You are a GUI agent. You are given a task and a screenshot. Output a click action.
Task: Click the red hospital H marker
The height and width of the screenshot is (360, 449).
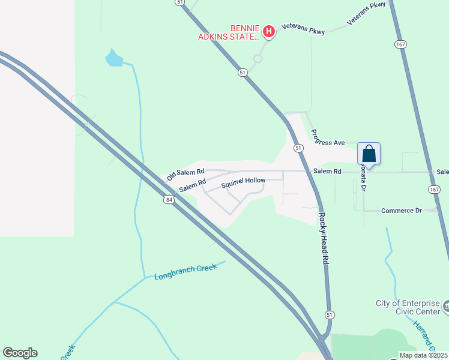(269, 31)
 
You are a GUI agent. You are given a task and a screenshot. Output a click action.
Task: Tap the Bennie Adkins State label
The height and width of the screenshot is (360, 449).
(230, 32)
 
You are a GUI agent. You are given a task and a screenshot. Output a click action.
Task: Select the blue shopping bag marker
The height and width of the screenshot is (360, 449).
(369, 154)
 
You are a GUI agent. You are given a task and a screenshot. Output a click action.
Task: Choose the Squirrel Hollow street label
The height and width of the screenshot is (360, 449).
(243, 183)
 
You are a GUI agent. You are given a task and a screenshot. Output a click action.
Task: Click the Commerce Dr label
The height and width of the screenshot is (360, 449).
(402, 211)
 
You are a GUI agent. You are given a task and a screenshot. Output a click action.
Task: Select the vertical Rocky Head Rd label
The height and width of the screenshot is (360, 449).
(324, 239)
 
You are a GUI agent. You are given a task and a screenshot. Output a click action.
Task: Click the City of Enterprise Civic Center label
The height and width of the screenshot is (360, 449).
(408, 307)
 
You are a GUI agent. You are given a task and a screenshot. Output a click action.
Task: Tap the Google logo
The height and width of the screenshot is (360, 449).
(20, 353)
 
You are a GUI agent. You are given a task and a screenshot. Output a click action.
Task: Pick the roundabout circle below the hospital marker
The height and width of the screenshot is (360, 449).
(258, 59)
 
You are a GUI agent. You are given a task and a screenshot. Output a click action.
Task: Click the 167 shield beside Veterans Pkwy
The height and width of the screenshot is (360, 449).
(401, 44)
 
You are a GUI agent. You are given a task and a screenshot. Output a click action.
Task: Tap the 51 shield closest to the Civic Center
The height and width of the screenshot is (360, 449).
(329, 314)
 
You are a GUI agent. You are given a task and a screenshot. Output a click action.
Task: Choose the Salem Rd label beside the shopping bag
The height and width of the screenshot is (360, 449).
(327, 172)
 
